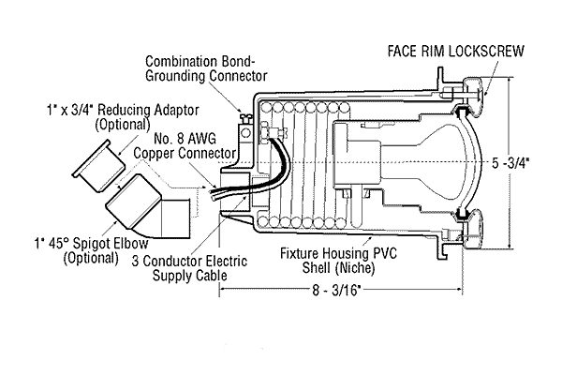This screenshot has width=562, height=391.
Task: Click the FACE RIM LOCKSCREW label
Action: click(x=455, y=51)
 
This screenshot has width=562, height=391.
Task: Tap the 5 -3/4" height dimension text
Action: click(x=510, y=163)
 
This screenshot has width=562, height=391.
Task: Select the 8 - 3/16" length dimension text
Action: click(x=336, y=290)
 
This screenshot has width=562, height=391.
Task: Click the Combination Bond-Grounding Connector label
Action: click(x=206, y=68)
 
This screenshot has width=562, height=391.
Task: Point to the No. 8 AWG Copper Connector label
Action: click(x=185, y=146)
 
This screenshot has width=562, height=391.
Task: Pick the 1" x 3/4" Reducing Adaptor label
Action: click(x=123, y=117)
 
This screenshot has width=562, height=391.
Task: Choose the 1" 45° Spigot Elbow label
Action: click(x=91, y=250)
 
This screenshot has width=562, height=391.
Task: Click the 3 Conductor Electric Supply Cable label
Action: click(x=189, y=268)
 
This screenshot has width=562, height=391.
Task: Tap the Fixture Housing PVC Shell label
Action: click(x=338, y=261)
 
